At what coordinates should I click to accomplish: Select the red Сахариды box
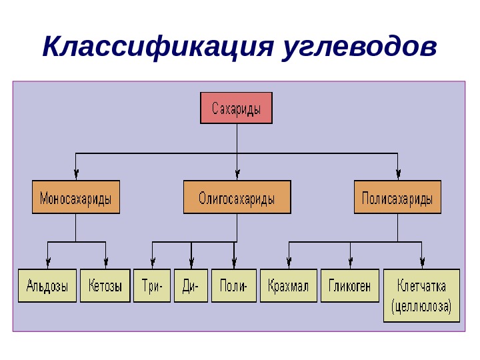pyautogui.click(x=236, y=108)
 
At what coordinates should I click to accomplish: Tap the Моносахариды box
pyautogui.click(x=76, y=197)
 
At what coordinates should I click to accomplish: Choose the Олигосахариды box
pyautogui.click(x=237, y=197)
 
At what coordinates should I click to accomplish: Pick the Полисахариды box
pyautogui.click(x=397, y=197)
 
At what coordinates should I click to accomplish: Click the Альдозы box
pyautogui.click(x=47, y=286)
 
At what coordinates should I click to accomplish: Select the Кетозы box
pyautogui.click(x=105, y=286)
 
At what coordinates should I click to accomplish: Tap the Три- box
pyautogui.click(x=153, y=286)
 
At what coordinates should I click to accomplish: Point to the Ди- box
pyautogui.click(x=191, y=286)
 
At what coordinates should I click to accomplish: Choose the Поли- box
pyautogui.click(x=233, y=286)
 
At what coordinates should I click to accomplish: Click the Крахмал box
pyautogui.click(x=289, y=286)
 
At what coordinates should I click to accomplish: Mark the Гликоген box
pyautogui.click(x=350, y=286)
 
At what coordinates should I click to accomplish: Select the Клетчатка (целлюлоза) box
pyautogui.click(x=421, y=295)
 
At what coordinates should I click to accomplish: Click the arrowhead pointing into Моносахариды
pyautogui.click(x=76, y=175)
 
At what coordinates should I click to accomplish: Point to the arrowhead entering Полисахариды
pyautogui.click(x=397, y=175)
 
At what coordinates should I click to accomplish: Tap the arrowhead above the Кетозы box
pyautogui.click(x=106, y=264)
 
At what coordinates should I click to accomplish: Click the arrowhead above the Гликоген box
pyautogui.click(x=351, y=264)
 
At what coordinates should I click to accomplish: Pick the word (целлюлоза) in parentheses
pyautogui.click(x=421, y=307)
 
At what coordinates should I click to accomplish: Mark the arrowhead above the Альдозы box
pyautogui.click(x=48, y=264)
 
